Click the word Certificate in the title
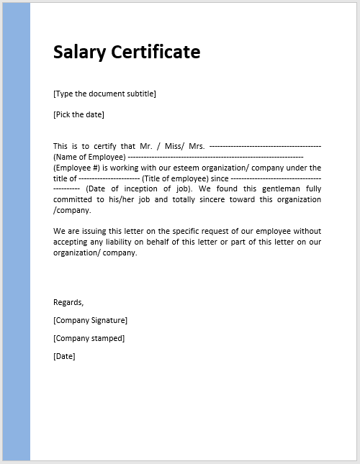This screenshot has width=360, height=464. point(154,52)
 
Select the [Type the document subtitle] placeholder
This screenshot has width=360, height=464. point(104,94)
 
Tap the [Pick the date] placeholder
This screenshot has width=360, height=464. point(78,114)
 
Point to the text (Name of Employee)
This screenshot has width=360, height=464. point(89,157)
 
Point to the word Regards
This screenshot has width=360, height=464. point(68,302)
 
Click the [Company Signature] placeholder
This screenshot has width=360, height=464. point(90,320)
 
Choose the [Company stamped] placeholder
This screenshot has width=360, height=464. point(89,338)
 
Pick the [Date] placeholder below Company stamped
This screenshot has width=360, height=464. point(64,356)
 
